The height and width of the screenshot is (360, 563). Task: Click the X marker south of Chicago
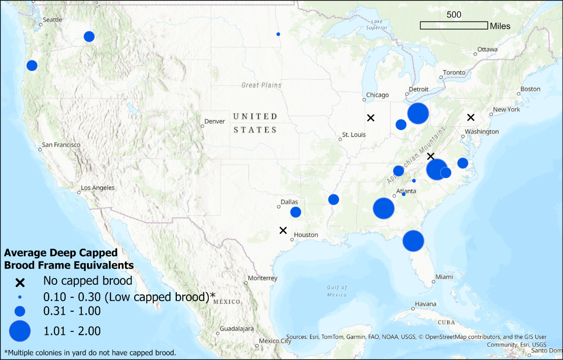(x=371, y=118)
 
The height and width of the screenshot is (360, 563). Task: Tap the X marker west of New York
(x=471, y=117)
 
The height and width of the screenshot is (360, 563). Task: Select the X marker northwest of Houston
(x=283, y=230)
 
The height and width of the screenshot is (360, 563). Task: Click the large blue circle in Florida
(x=413, y=241)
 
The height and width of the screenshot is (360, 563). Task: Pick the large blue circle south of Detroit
(x=418, y=114)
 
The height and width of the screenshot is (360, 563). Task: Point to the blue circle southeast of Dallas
(x=296, y=212)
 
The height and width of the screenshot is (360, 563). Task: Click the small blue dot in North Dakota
(x=278, y=34)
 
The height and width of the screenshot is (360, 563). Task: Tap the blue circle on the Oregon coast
(x=32, y=66)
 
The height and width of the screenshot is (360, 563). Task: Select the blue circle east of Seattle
(x=89, y=37)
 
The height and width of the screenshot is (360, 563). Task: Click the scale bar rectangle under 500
(x=453, y=26)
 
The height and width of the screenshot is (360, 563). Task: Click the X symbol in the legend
(x=20, y=282)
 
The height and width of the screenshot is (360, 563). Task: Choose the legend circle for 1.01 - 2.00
(x=20, y=331)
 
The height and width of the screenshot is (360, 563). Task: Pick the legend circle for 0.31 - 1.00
(x=20, y=311)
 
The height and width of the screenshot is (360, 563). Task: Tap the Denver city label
(x=215, y=121)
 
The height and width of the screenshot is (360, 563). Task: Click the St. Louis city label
(x=354, y=135)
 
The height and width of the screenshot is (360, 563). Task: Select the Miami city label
(x=444, y=277)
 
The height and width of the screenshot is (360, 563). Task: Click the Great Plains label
(x=261, y=85)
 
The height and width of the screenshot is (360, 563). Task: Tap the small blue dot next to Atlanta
(x=404, y=194)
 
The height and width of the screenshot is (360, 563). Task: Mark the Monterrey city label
(x=263, y=278)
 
